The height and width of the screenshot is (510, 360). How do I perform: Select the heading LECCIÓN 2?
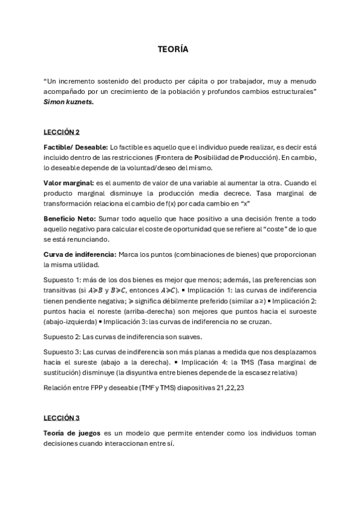[61, 132]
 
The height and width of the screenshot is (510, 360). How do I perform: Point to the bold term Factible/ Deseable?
[75, 147]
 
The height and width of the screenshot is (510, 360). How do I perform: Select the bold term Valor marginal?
[69, 183]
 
